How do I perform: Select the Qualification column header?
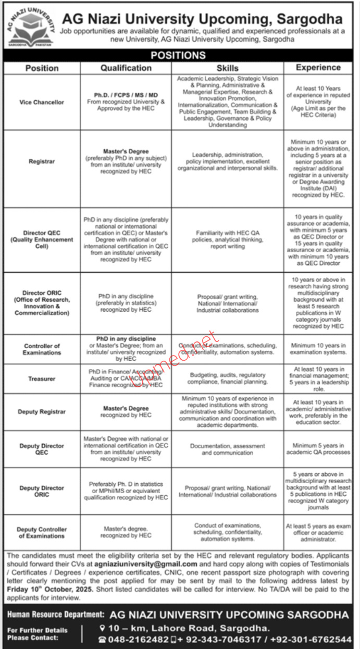(x=126, y=68)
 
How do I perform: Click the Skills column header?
(x=228, y=68)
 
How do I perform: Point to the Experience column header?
(x=318, y=67)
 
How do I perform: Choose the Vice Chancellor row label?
(x=42, y=102)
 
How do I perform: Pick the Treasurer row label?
(x=42, y=379)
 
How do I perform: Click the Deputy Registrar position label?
(x=42, y=412)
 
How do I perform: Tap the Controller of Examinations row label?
(x=42, y=349)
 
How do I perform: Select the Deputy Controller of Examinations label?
(x=42, y=532)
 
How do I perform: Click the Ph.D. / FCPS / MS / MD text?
(x=126, y=95)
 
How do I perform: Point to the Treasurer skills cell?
(x=228, y=378)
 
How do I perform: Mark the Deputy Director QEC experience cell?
(x=318, y=449)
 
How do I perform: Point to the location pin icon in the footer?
(x=103, y=628)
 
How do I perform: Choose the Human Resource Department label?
(x=55, y=616)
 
